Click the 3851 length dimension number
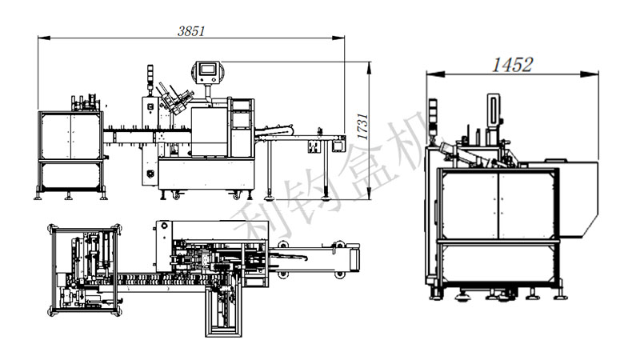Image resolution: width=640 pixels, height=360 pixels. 191,31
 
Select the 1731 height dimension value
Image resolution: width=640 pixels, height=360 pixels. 362,128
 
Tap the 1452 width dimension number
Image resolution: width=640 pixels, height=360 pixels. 512,66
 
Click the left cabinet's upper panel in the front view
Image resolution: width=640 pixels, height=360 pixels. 71,135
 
